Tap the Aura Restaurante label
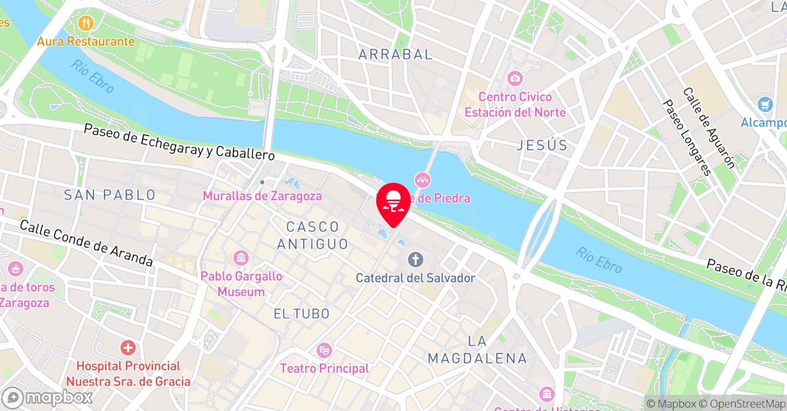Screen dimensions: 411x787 [85, 41]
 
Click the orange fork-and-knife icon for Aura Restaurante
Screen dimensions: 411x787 [85, 24]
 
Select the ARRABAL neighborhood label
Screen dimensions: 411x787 [395, 54]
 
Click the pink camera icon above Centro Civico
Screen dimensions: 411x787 [515, 79]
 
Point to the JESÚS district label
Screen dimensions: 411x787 [542, 145]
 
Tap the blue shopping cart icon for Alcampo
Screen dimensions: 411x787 [765, 104]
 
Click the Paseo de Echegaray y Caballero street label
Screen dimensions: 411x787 [179, 142]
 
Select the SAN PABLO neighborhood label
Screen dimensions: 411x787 [110, 195]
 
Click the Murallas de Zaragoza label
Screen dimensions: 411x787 [263, 196]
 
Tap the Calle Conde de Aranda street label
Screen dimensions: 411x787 [86, 243]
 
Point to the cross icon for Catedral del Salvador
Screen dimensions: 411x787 [416, 260]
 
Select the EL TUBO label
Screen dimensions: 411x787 [301, 314]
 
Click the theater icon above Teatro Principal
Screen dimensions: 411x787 [324, 351]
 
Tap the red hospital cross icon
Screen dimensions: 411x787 [128, 348]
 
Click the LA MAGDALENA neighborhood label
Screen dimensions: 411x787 [477, 349]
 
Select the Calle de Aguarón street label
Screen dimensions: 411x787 [708, 127]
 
